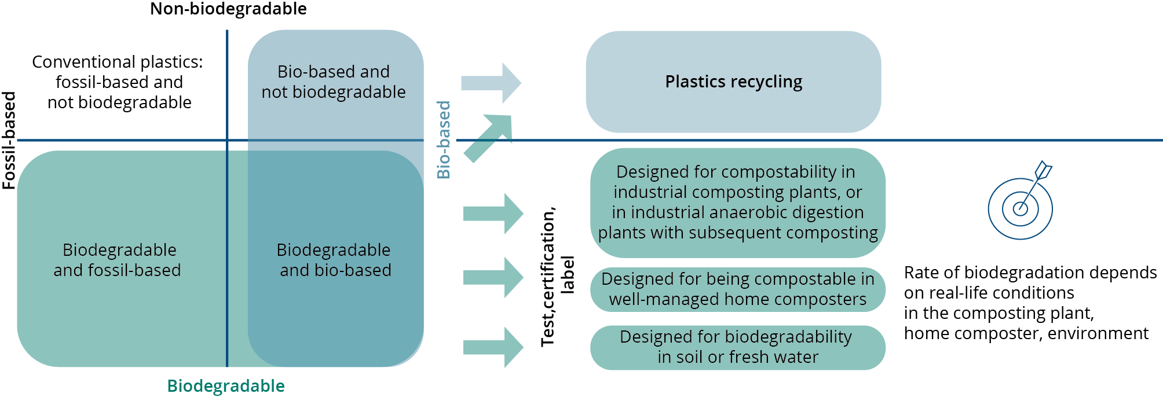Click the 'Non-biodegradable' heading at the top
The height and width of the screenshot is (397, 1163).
[228, 9]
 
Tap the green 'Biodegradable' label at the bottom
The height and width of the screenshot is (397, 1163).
[226, 386]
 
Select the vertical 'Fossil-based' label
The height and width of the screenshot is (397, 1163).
[9, 141]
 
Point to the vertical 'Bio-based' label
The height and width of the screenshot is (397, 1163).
[444, 139]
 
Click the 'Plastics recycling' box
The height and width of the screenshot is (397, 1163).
[733, 82]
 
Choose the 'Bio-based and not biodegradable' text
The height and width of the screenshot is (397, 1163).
[334, 82]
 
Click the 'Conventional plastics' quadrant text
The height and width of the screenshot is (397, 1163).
[118, 82]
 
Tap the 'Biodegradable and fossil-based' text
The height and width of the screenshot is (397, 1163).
[118, 260]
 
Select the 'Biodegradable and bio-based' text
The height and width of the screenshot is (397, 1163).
[335, 260]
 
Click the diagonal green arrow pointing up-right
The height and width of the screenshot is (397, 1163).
[488, 138]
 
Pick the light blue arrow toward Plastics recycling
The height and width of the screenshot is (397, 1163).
[491, 83]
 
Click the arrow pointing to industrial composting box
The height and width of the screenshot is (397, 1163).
[493, 214]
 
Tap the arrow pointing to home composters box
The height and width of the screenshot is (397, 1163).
[493, 277]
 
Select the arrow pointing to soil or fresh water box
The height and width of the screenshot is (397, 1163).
[493, 347]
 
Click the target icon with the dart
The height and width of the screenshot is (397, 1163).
[1020, 200]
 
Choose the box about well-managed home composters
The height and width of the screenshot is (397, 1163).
[738, 289]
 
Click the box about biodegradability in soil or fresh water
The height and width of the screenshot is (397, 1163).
[738, 347]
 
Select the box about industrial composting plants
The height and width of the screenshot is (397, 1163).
[738, 203]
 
